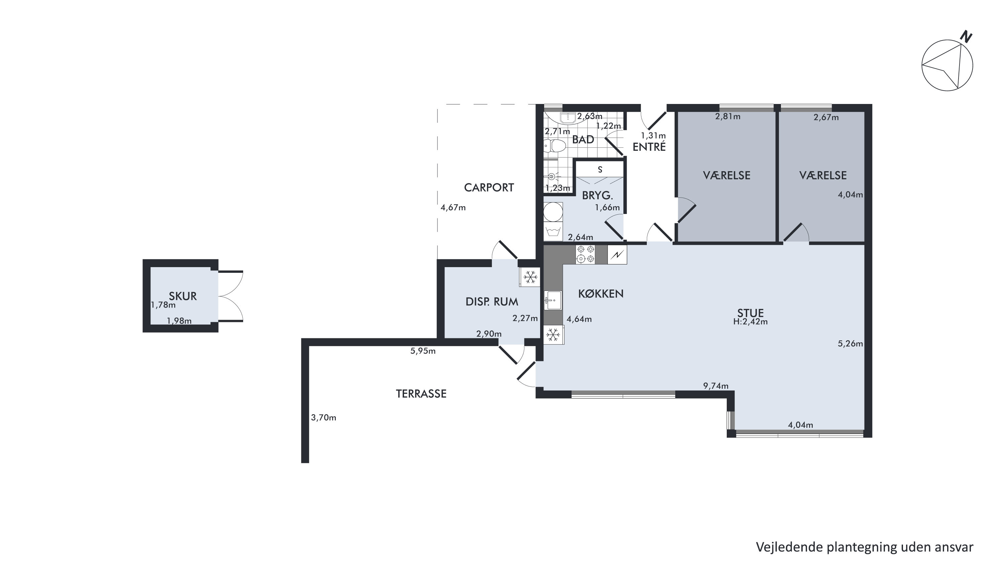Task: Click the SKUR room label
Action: [183, 296]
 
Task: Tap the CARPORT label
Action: [489, 188]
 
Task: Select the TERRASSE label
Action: [421, 394]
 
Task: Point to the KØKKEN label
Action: [601, 294]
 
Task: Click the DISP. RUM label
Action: [492, 302]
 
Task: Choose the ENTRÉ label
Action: [649, 147]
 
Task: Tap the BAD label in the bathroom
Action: [583, 139]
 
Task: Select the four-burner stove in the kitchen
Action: [586, 254]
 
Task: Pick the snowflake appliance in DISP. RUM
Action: [530, 277]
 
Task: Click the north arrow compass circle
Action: [947, 66]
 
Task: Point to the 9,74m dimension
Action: [716, 386]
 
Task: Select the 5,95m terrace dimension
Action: [423, 351]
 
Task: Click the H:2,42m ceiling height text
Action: [750, 322]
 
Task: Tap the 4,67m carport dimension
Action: [453, 208]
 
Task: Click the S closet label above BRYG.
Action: [600, 170]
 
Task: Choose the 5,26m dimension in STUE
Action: [850, 344]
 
